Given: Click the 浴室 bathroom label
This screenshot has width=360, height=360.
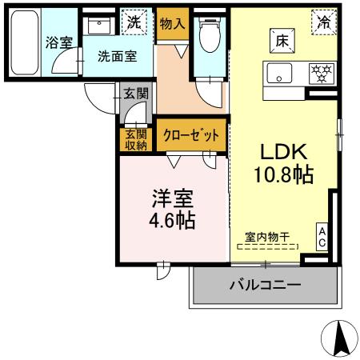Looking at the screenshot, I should click(58, 42).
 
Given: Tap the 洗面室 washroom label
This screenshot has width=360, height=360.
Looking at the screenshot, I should click(117, 57).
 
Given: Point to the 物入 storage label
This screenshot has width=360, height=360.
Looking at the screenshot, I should click(172, 24).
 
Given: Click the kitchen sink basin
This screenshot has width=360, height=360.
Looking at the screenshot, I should click(282, 73).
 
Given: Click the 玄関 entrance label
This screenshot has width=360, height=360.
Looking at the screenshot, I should click(136, 94).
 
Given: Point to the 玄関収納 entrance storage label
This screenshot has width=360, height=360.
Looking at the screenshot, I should click(136, 140).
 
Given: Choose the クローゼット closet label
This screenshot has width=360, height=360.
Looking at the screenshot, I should click(192, 136).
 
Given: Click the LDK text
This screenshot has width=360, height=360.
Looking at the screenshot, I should click(278, 152).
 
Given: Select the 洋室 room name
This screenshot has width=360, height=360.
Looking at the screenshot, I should click(170, 198).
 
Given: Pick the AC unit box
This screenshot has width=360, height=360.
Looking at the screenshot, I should click(322, 237).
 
